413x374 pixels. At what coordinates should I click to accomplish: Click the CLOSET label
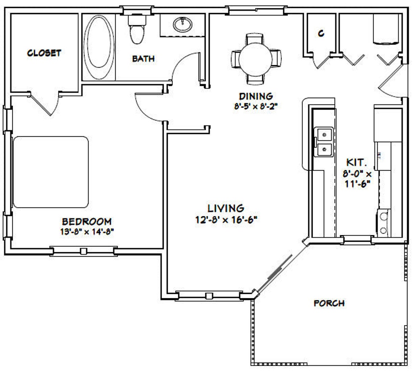44,53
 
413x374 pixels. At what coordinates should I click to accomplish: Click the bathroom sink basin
183,25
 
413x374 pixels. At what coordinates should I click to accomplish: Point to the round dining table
255,58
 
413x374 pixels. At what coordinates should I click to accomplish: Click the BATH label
143,58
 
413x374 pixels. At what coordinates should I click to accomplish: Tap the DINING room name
255,96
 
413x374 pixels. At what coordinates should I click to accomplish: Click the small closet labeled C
321,34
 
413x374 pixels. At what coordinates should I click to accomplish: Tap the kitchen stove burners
383,223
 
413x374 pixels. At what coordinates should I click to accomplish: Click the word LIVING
225,208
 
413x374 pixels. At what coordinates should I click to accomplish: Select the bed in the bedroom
51,172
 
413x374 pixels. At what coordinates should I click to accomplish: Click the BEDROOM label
87,221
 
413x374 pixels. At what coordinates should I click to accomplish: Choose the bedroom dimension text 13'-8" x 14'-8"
87,231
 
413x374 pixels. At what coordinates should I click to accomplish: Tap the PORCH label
329,303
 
